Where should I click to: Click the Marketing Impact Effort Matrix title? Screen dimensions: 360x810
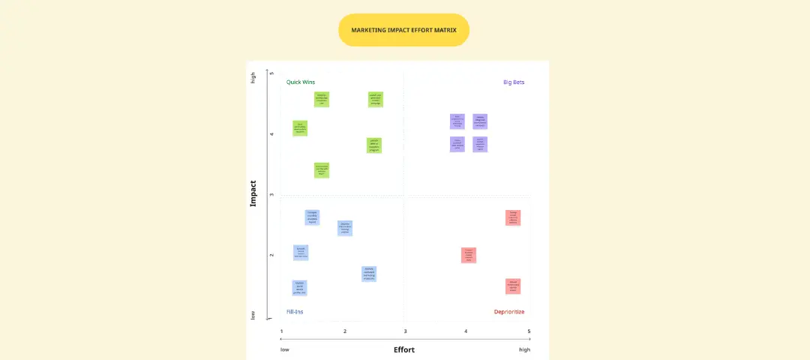(x=403, y=30)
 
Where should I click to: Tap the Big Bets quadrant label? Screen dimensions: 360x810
(x=514, y=82)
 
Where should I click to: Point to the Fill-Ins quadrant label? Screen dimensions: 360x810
(x=295, y=311)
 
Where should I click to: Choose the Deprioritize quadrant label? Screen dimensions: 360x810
(x=508, y=311)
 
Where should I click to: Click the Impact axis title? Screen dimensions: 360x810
(x=253, y=193)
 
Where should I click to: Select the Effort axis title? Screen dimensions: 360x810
(x=403, y=349)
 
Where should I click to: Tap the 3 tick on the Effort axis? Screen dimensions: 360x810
(x=405, y=331)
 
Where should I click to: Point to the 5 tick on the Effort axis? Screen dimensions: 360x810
(x=529, y=331)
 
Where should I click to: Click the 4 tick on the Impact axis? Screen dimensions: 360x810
(x=272, y=134)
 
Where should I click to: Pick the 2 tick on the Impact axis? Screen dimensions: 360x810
(x=272, y=256)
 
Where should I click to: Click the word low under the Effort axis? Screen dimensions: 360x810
(x=285, y=349)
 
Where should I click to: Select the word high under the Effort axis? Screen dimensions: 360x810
(x=524, y=349)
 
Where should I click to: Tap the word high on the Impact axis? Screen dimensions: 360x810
(x=253, y=77)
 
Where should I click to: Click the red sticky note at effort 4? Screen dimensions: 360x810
(x=469, y=255)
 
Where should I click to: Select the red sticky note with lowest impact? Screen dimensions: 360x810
(x=513, y=286)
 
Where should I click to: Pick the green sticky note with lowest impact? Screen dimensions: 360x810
(x=322, y=170)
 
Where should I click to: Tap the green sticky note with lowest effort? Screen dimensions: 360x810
(x=300, y=128)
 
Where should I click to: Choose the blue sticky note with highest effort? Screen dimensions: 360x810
(x=368, y=274)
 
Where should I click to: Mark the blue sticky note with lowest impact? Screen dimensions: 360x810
(x=299, y=288)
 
